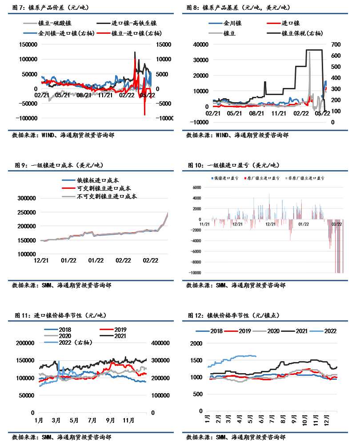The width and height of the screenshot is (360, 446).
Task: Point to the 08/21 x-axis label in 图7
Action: (84, 95)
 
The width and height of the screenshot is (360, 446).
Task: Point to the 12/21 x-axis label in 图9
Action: (41, 261)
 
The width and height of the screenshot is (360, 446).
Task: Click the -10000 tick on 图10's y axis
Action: (194, 273)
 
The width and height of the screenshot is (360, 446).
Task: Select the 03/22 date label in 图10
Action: (336, 224)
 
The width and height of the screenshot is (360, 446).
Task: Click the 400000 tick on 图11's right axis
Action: (159, 343)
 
